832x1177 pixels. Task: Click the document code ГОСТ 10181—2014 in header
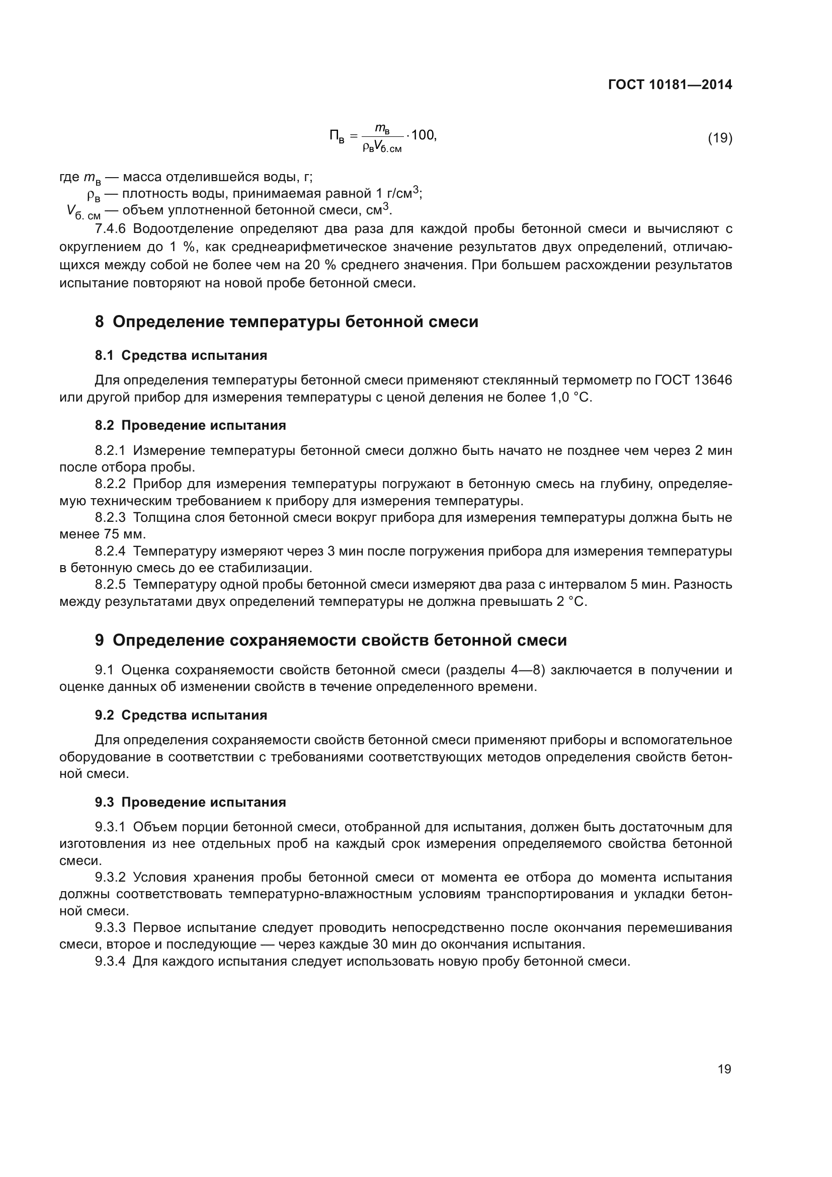pyautogui.click(x=670, y=85)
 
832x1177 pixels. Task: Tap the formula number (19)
pyautogui.click(x=720, y=138)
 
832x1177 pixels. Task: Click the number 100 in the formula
pyautogui.click(x=423, y=135)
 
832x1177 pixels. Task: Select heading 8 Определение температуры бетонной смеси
pyautogui.click(x=286, y=322)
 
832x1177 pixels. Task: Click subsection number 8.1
pyautogui.click(x=105, y=355)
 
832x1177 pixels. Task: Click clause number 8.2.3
pyautogui.click(x=110, y=518)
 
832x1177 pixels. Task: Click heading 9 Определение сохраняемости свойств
pyautogui.click(x=330, y=640)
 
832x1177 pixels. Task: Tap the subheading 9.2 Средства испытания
pyautogui.click(x=181, y=715)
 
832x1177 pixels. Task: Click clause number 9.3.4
pyautogui.click(x=110, y=961)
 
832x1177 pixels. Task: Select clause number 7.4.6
pyautogui.click(x=110, y=228)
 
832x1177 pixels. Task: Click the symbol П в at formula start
pyautogui.click(x=337, y=136)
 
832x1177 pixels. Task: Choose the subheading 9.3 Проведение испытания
pyautogui.click(x=190, y=802)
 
